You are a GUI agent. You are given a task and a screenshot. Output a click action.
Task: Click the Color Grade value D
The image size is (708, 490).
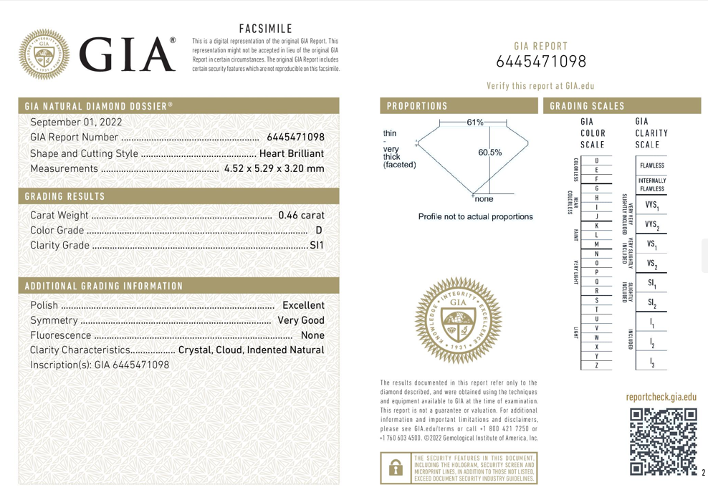pos(319,231)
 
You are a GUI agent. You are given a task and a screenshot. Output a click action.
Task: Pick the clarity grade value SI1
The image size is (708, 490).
pos(316,246)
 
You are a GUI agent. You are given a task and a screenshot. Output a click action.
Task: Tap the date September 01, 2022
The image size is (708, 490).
pos(77,122)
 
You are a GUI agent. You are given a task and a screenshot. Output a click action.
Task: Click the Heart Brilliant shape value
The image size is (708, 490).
pos(292,153)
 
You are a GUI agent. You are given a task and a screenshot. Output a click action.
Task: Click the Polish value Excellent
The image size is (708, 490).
pos(304,305)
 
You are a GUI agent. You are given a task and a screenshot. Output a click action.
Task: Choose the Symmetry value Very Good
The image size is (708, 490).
pos(301,320)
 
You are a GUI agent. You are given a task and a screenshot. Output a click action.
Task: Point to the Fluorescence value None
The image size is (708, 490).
pos(313,335)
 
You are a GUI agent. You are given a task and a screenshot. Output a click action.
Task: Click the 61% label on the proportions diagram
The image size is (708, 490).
pos(474,123)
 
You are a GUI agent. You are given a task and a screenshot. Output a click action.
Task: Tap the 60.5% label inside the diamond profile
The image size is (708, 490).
pos(489,153)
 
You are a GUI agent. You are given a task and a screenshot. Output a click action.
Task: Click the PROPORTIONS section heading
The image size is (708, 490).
pos(417,106)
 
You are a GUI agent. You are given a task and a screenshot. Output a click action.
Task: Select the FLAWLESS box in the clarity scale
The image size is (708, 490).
pos(652,165)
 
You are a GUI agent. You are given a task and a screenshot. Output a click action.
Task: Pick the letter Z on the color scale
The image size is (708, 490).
pos(596,365)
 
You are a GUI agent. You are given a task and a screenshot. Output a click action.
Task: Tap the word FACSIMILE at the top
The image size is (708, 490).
pos(265,29)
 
